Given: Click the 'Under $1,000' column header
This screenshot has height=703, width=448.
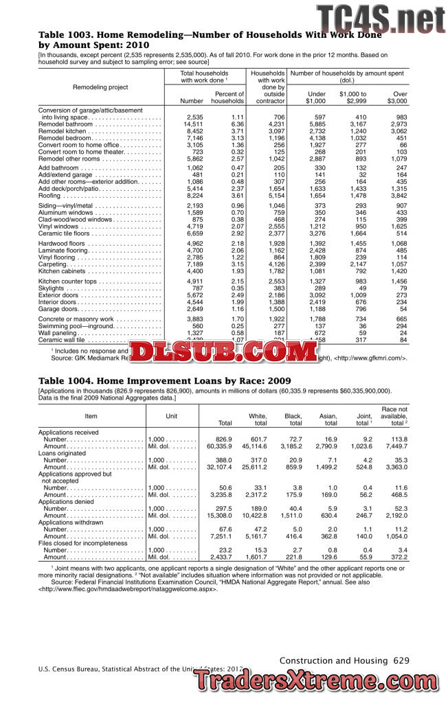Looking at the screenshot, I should (x=315, y=97).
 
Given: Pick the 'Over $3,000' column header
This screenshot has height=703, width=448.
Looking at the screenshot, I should (x=396, y=97).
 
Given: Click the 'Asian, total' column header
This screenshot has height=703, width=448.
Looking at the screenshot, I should (x=324, y=419).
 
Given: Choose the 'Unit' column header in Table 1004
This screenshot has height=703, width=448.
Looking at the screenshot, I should (x=172, y=416).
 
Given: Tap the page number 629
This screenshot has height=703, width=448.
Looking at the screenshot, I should (x=401, y=660).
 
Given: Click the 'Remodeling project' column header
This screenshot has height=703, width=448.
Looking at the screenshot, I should (x=100, y=87).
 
